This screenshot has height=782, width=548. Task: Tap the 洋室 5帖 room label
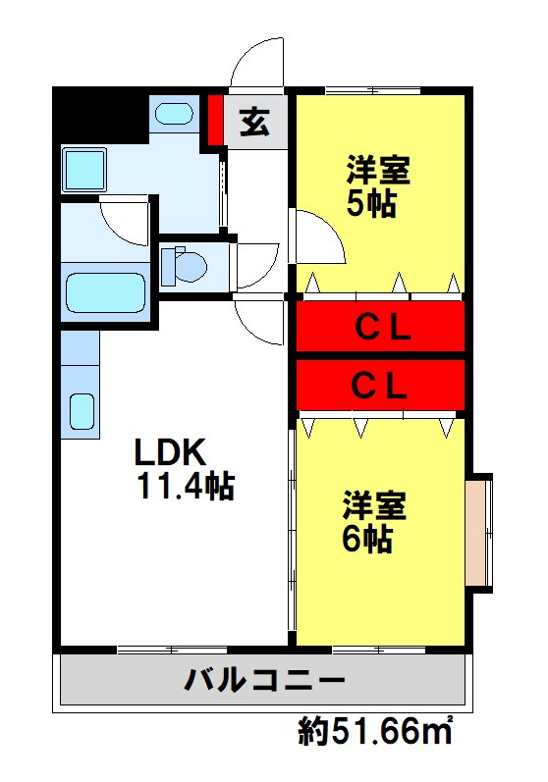[377, 185]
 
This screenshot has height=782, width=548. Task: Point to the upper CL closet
[380, 327]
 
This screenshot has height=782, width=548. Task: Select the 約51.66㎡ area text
[376, 730]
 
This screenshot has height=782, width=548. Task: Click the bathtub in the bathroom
[104, 291]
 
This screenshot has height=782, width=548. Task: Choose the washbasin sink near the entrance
[175, 113]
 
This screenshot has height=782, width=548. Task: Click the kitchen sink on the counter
[82, 412]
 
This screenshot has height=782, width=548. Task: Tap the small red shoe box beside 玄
[215, 119]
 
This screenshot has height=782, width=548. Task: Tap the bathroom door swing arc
[126, 222]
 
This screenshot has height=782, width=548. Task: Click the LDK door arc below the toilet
[260, 321]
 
